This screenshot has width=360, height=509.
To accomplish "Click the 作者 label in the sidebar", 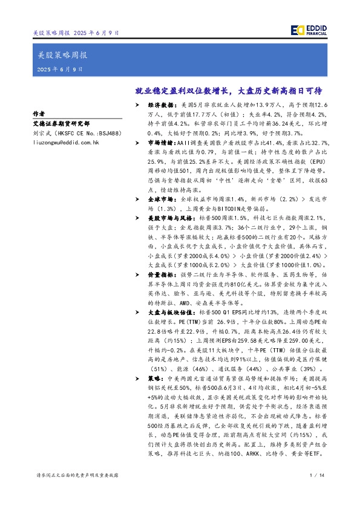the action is pyautogui.click(x=39, y=113).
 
